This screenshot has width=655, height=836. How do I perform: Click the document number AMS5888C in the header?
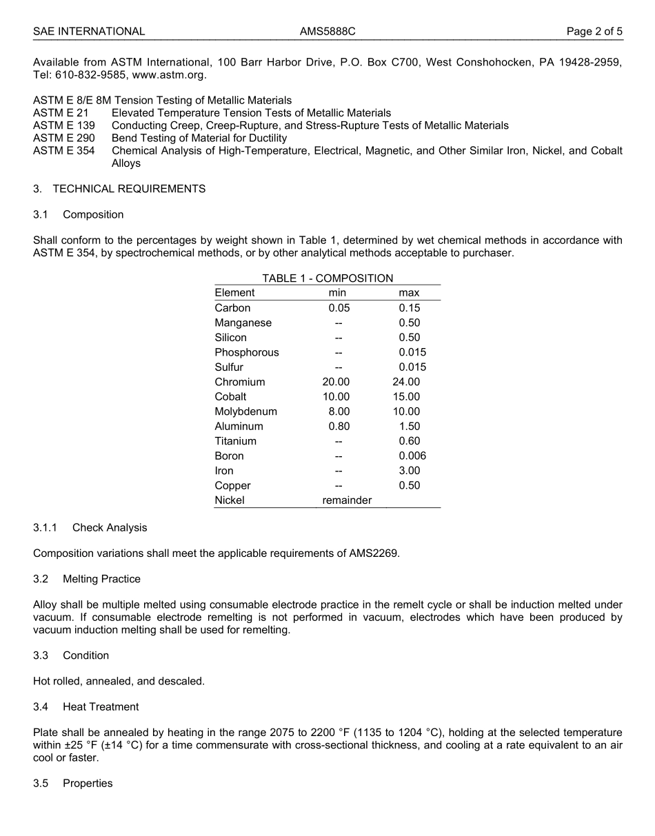tap(327, 31)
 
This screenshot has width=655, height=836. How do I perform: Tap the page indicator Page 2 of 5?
tap(594, 31)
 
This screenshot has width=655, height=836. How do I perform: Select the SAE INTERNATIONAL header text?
tap(89, 31)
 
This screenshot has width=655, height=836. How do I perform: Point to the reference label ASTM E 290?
tap(64, 138)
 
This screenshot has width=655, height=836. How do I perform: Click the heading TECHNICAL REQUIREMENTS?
tap(129, 189)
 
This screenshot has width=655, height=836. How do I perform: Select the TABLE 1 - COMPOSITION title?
tap(327, 278)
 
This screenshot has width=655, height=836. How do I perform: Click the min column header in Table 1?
tap(337, 293)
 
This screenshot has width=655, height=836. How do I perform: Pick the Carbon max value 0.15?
tap(409, 308)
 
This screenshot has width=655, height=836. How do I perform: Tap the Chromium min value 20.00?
tap(336, 382)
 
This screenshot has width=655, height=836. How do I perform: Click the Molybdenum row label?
tap(245, 411)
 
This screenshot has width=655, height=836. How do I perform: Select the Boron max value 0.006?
tap(412, 456)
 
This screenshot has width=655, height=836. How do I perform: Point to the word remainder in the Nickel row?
tap(347, 500)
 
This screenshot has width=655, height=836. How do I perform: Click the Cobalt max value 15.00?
tap(406, 397)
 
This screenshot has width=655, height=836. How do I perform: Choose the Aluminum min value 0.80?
tap(339, 427)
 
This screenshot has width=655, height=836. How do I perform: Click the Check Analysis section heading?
tap(110, 528)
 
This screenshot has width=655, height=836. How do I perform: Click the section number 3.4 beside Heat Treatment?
tap(41, 707)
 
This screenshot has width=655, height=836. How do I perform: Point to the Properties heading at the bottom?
tap(88, 784)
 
